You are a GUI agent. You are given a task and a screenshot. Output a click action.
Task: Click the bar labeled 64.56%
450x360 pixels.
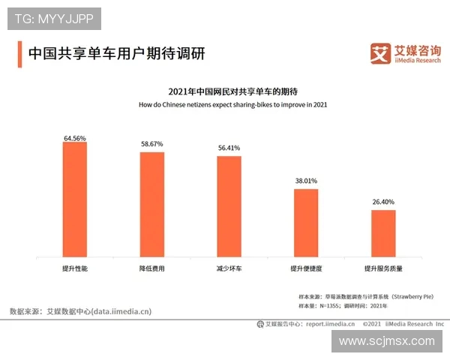75,199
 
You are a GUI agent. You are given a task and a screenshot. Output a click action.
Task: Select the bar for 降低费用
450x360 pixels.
151,205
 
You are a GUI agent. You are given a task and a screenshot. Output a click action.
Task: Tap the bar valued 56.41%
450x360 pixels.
229,207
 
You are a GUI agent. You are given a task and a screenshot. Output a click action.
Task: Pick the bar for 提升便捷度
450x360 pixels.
306,223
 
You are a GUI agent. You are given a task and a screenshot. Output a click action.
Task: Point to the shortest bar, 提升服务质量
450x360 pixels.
383,233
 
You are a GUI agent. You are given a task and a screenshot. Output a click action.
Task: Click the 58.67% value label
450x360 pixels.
151,144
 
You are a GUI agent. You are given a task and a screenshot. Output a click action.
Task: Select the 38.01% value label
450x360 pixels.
306,181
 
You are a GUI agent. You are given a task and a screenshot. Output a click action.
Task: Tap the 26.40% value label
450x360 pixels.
383,202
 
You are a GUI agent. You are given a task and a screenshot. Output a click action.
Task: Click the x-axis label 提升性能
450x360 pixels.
75,268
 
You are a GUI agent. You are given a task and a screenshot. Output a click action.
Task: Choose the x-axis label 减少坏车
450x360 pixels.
229,268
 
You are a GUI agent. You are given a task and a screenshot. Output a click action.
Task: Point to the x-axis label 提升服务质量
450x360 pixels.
383,268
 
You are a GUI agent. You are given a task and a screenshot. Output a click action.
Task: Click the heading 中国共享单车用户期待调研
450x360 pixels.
116,54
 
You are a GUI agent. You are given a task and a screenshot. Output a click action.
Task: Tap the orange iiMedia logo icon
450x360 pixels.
381,53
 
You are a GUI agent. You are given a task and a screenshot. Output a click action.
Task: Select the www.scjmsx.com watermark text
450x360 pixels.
386,341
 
